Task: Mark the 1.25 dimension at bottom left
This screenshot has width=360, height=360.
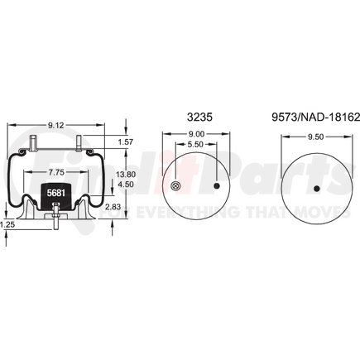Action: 8,224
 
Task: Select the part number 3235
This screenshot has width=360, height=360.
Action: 200,118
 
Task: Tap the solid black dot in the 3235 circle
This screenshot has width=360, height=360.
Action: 218,187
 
